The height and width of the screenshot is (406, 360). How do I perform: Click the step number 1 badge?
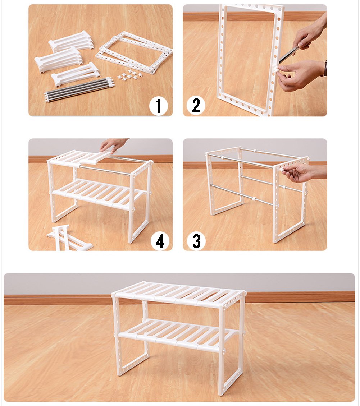[158, 106]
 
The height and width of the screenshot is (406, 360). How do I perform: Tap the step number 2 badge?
[196, 105]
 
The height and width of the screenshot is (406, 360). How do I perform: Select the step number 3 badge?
[196, 240]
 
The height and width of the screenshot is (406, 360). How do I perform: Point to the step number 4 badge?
[160, 241]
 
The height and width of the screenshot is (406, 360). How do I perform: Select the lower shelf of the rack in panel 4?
[97, 193]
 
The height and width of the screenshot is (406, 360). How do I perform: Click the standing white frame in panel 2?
[249, 60]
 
